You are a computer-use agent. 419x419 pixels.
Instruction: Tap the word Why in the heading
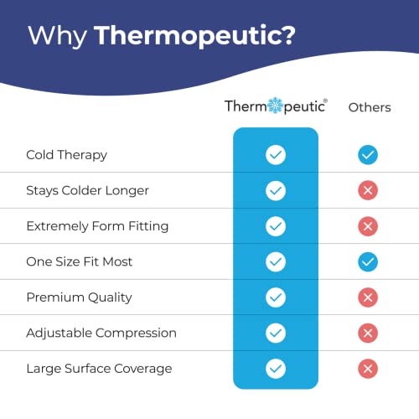tap(58, 36)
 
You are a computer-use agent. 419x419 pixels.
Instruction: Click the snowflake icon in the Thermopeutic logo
tap(275, 106)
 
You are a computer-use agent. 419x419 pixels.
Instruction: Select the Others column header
tap(370, 107)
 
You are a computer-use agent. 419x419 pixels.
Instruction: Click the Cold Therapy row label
tap(66, 155)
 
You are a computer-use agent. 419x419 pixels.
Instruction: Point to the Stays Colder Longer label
tap(87, 190)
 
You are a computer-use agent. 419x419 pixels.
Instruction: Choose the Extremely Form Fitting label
tap(97, 226)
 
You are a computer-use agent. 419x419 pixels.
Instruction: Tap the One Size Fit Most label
tap(80, 261)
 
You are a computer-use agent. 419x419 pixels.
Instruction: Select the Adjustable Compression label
tap(101, 333)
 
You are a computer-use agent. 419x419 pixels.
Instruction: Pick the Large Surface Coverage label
tap(99, 369)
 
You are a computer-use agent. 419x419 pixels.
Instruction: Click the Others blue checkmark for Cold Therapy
tap(367, 155)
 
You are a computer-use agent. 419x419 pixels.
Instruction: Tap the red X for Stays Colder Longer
tap(367, 190)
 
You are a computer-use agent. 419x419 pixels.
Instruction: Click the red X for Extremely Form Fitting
tap(367, 226)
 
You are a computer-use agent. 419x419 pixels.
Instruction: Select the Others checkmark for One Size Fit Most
tap(367, 261)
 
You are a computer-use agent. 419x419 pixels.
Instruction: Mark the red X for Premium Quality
tap(367, 297)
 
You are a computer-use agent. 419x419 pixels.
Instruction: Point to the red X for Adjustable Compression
tap(367, 333)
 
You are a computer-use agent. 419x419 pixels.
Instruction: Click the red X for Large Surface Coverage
tap(367, 369)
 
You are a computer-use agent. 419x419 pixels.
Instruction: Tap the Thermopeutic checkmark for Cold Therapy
tap(275, 155)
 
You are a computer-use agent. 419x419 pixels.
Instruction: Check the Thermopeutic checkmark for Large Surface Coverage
tap(275, 369)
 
